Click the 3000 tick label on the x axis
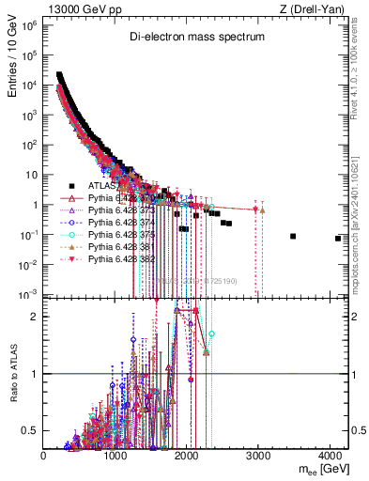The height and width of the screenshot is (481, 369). (259, 456)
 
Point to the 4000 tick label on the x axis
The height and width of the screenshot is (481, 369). (331, 456)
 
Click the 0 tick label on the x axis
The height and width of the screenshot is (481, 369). (44, 456)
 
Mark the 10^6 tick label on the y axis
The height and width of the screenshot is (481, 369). (29, 25)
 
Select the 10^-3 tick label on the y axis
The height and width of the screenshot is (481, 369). (27, 295)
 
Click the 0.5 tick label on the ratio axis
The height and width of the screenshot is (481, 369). (32, 430)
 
